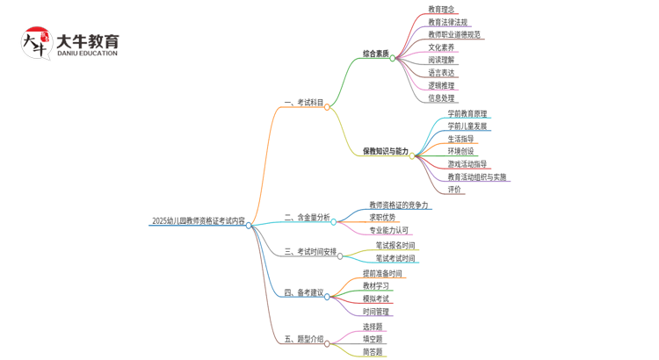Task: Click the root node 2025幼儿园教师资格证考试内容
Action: point(199,221)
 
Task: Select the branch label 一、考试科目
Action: point(304,103)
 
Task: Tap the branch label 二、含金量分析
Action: point(307,217)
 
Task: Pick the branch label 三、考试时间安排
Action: point(310,252)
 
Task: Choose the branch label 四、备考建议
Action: point(304,292)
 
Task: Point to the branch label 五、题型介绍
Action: point(304,339)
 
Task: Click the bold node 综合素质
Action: point(376,54)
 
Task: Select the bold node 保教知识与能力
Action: point(386,151)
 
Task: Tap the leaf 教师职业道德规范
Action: point(454,35)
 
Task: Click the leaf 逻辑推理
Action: point(442,86)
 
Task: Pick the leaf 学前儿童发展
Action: point(467,126)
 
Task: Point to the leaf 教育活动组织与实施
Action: point(477,177)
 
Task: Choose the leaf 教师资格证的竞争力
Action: point(399,205)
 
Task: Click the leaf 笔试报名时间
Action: point(395,246)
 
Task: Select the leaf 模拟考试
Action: point(376,299)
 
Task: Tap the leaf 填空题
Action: point(373,339)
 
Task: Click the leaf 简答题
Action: point(373,351)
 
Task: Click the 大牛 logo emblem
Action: point(36,44)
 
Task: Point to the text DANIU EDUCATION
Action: point(87,54)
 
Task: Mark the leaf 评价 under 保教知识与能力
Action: point(454,190)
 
